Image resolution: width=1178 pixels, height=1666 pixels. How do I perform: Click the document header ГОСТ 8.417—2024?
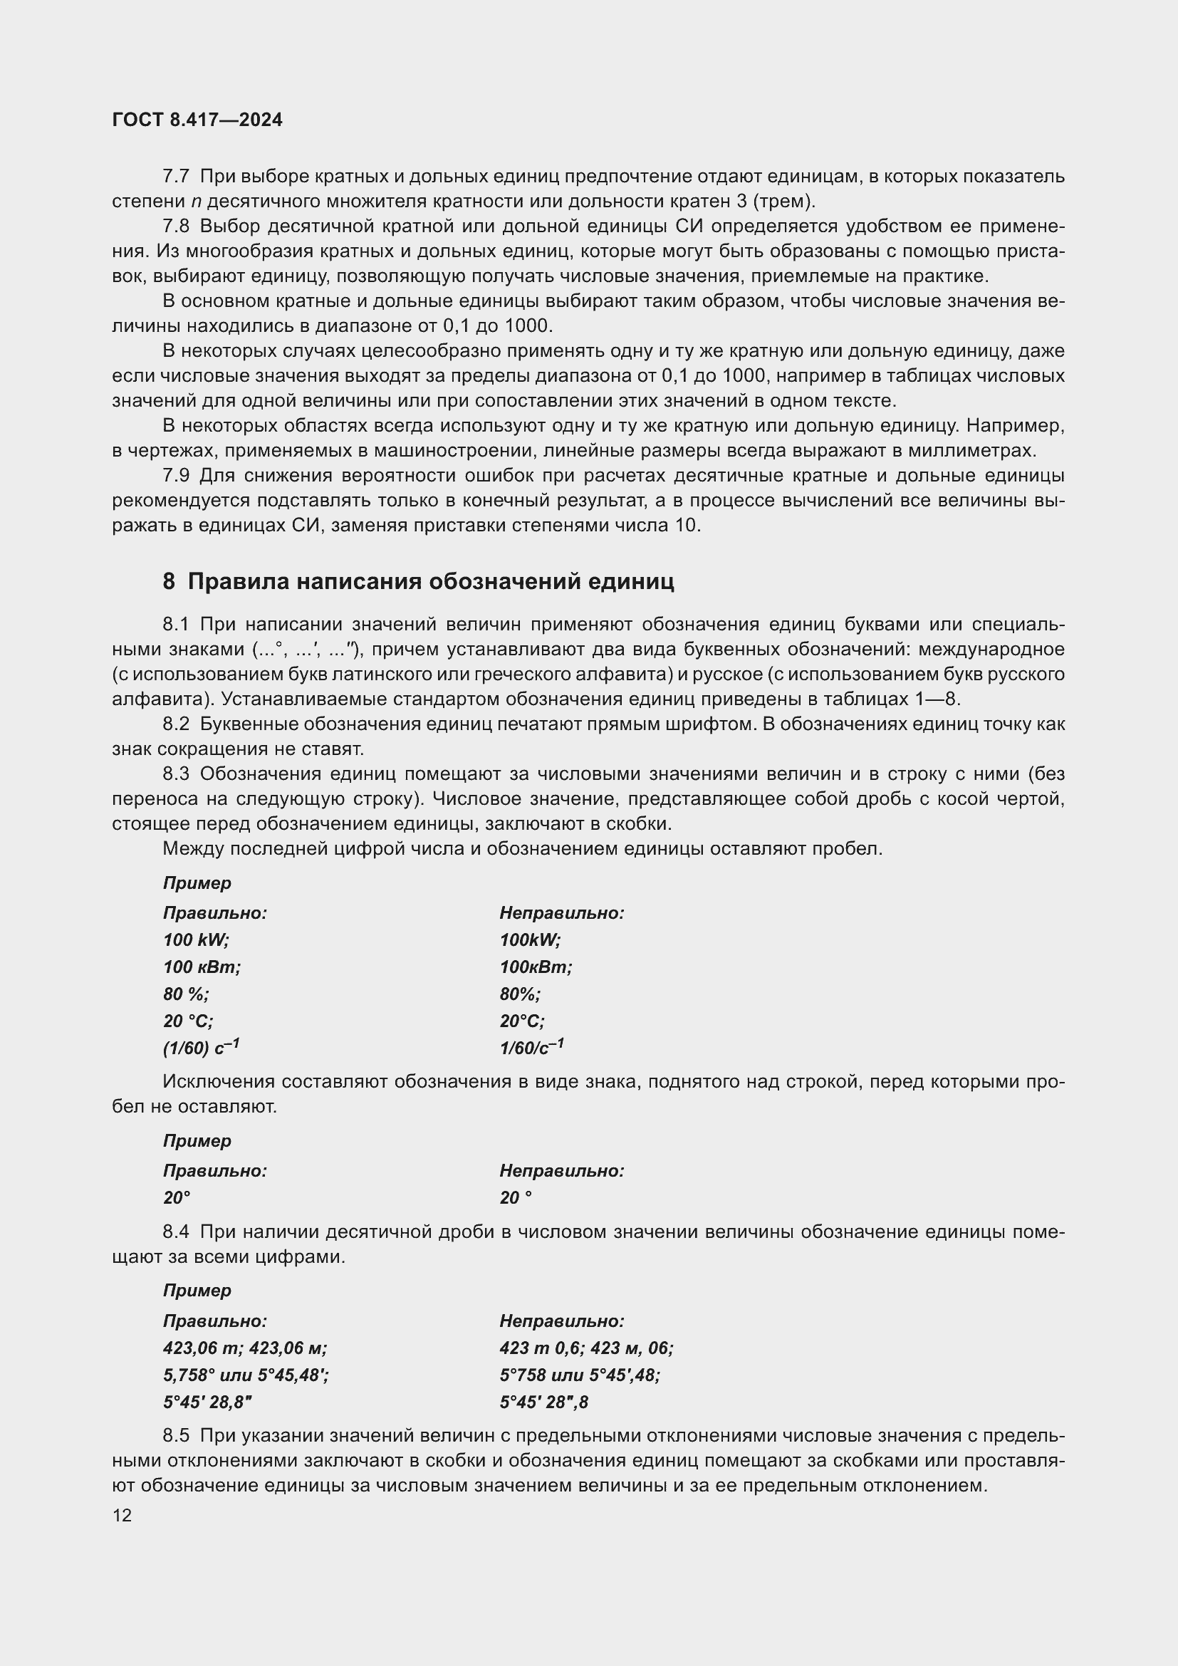(197, 120)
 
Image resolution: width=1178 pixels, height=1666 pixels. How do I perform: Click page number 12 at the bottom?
(123, 1515)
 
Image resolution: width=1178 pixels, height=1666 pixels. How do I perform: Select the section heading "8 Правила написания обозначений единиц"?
(419, 581)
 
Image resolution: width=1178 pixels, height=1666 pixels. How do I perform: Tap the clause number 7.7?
(175, 177)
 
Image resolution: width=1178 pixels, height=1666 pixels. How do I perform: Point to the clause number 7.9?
(175, 476)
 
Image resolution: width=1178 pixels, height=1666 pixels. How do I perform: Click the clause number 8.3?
(175, 774)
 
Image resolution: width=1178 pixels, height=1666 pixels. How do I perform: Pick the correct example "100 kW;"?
(196, 940)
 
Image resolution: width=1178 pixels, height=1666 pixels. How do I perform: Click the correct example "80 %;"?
(186, 994)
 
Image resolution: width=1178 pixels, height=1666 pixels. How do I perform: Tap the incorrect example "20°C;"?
(521, 1021)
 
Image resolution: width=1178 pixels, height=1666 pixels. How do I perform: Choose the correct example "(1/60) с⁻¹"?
(201, 1048)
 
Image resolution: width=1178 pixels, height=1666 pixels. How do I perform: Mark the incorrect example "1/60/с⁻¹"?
(531, 1048)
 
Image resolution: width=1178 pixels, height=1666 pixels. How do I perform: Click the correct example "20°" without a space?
(176, 1198)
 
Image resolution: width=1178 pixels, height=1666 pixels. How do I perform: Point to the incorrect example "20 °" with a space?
(515, 1198)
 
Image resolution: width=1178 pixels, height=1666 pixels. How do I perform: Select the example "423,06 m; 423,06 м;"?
(245, 1348)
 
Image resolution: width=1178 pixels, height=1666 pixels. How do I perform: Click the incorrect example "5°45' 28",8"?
(543, 1402)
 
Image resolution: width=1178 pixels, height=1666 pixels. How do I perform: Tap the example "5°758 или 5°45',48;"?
(580, 1375)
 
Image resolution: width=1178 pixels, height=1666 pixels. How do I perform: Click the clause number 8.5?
(175, 1436)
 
